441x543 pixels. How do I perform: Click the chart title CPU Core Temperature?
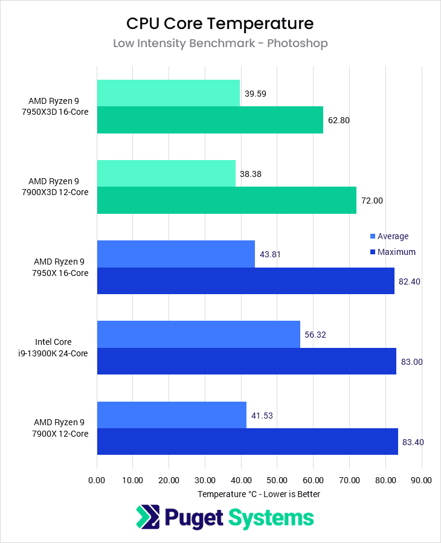click(220, 24)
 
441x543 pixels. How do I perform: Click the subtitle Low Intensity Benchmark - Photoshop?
click(220, 43)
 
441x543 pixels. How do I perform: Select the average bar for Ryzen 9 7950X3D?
click(168, 94)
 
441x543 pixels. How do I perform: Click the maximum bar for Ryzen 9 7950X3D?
click(210, 120)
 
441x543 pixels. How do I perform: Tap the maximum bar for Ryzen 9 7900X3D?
click(226, 201)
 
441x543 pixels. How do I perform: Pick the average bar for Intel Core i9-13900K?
click(198, 334)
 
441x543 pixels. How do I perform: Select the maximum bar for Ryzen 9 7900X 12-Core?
click(247, 442)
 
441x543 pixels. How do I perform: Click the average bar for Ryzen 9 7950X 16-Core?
click(176, 254)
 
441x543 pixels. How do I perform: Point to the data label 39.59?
click(256, 94)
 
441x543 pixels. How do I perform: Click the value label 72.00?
click(372, 201)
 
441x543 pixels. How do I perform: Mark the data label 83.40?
click(413, 442)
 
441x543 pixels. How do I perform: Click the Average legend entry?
click(393, 236)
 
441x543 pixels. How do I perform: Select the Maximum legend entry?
click(396, 252)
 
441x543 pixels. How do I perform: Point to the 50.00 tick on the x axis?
click(277, 480)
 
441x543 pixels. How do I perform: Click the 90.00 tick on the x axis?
click(421, 480)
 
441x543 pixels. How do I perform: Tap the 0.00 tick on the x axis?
click(97, 480)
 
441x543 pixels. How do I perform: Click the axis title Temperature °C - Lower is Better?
click(259, 494)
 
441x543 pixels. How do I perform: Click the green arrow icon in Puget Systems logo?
click(147, 518)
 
